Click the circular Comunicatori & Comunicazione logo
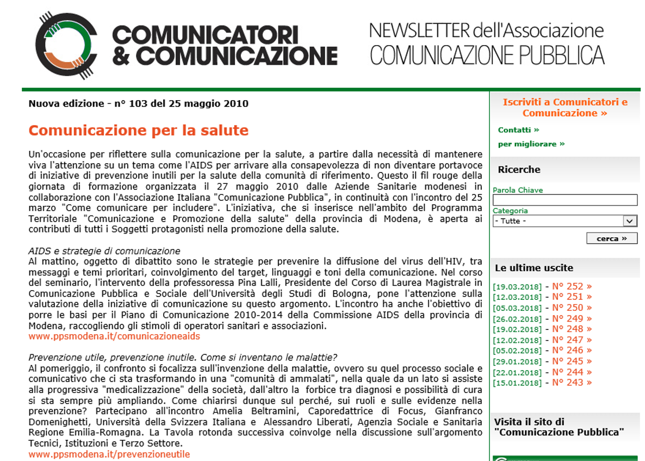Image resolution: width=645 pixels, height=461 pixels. [x=66, y=46]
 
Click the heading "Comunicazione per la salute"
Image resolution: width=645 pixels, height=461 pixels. [x=138, y=131]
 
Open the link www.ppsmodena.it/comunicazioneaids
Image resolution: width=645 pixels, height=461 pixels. [x=114, y=336]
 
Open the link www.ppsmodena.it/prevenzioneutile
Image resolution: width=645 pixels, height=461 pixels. [x=109, y=454]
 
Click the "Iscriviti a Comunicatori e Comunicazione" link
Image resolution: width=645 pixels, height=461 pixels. [x=565, y=108]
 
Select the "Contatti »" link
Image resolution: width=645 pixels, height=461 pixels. [x=518, y=130]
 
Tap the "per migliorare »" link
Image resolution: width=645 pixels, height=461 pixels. [x=531, y=144]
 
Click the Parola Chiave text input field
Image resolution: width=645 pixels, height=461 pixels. [x=565, y=200]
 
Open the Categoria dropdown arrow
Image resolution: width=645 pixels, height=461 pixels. [x=630, y=221]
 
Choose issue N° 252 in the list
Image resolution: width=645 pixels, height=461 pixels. [x=572, y=286]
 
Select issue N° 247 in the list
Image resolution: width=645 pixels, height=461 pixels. [x=572, y=340]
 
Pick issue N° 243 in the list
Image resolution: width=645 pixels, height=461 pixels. [x=572, y=383]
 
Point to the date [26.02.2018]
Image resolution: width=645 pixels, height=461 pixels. [x=517, y=319]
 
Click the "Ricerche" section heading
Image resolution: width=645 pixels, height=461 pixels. [x=519, y=170]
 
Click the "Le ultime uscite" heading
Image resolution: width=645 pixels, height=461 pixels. [x=534, y=268]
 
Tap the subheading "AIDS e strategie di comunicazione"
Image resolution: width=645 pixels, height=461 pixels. [x=104, y=251]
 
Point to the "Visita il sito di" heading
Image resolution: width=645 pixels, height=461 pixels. [x=529, y=422]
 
